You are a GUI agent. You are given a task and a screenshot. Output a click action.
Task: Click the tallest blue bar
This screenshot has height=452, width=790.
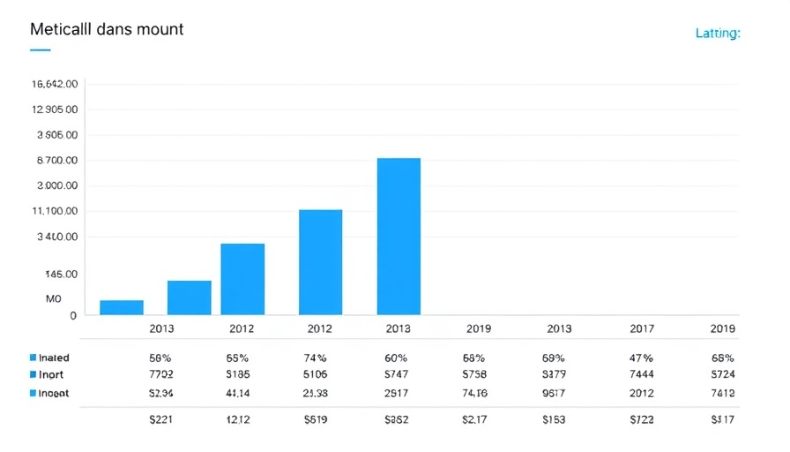pos(399,236)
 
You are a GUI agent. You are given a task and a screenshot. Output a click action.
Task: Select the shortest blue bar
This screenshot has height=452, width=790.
pos(121,307)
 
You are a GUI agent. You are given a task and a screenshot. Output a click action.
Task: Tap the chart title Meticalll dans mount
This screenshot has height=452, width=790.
pos(107,28)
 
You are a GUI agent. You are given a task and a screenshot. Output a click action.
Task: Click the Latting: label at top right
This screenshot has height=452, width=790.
pos(717,34)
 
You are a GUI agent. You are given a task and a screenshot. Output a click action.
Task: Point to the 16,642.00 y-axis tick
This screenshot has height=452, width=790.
pos(55,84)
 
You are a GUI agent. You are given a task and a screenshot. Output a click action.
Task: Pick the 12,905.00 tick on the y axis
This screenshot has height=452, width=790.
pos(55,109)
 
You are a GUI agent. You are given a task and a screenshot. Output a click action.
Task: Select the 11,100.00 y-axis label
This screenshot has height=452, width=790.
pos(55,212)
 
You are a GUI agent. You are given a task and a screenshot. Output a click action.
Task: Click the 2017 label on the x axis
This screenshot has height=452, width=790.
pos(642,328)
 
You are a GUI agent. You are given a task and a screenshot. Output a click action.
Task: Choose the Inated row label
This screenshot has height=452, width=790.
pos(54,358)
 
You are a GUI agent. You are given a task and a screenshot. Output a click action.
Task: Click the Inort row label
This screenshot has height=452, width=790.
pos(51,375)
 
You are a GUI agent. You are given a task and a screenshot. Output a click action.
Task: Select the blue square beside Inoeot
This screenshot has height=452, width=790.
pos(33,393)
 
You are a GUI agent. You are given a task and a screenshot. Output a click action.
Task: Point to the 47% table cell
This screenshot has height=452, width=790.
pos(642,358)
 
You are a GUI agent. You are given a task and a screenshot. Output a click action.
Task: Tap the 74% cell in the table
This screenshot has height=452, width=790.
pos(316,358)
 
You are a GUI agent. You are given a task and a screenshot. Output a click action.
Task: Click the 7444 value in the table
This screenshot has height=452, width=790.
pos(642,375)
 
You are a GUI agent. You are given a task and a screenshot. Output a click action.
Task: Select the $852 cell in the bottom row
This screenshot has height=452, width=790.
pos(397,420)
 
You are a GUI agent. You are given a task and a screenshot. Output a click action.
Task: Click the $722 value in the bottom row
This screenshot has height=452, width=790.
pos(642,420)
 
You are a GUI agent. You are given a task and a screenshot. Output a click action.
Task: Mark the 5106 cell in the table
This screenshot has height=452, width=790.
pos(316,375)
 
